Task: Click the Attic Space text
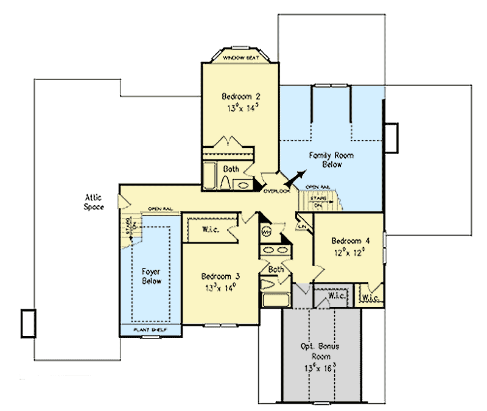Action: tap(94, 202)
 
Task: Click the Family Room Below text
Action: tap(331, 160)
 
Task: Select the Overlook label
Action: tap(275, 191)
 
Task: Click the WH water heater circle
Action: tap(266, 231)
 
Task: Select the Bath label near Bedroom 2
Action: tap(231, 169)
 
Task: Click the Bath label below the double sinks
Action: tap(276, 269)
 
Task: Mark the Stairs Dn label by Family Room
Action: tap(317, 201)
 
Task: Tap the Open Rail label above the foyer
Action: tap(160, 209)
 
